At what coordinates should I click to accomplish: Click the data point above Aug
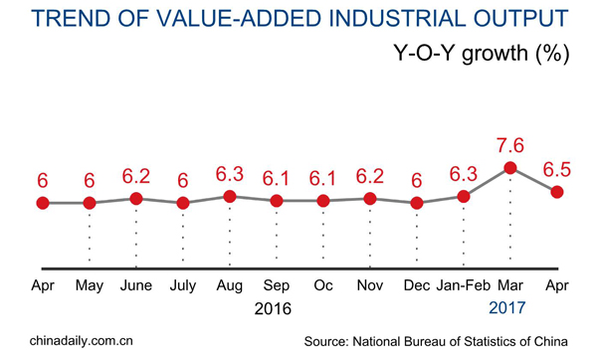(x=230, y=197)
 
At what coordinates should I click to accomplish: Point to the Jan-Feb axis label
(x=464, y=287)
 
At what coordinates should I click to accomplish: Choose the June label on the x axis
(x=136, y=287)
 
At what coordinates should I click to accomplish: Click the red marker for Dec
(x=417, y=203)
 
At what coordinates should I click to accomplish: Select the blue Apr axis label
(x=558, y=287)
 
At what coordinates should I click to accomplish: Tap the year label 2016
(x=271, y=309)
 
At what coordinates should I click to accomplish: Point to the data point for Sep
(x=277, y=201)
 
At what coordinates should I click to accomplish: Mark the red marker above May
(x=90, y=203)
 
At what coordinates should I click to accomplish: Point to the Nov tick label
(x=370, y=287)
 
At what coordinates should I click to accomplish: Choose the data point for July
(x=183, y=203)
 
